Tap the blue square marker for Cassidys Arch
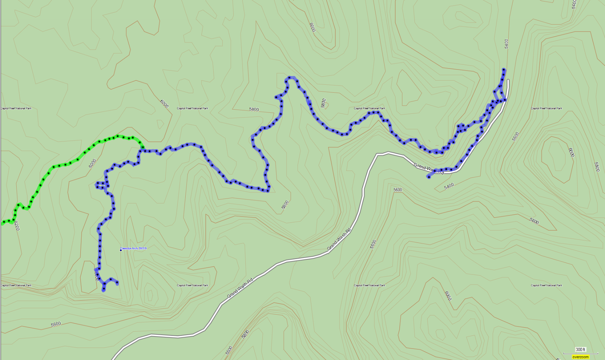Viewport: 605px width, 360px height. click(x=121, y=250)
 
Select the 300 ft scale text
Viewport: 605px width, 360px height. click(x=580, y=349)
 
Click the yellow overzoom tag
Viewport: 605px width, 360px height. click(x=580, y=357)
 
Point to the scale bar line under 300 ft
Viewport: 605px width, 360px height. click(x=580, y=353)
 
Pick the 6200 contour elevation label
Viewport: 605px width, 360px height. click(x=16, y=226)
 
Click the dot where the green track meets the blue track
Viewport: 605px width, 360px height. click(x=143, y=147)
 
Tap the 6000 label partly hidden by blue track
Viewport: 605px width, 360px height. click(x=97, y=276)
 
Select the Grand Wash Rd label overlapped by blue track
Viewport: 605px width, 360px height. click(x=428, y=169)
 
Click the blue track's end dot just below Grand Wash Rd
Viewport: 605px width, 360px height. click(x=428, y=177)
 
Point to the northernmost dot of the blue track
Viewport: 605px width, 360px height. click(x=504, y=70)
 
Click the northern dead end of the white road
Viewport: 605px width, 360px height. click(x=508, y=81)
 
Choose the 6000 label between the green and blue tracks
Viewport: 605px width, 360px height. click(x=93, y=163)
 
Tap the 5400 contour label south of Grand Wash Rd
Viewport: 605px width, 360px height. click(x=449, y=186)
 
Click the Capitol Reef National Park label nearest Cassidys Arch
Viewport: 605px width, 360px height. click(x=192, y=286)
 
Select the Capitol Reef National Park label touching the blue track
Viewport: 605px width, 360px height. click(x=369, y=109)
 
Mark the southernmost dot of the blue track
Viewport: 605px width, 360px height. click(x=104, y=290)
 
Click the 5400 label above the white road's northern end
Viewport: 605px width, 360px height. click(x=507, y=43)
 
